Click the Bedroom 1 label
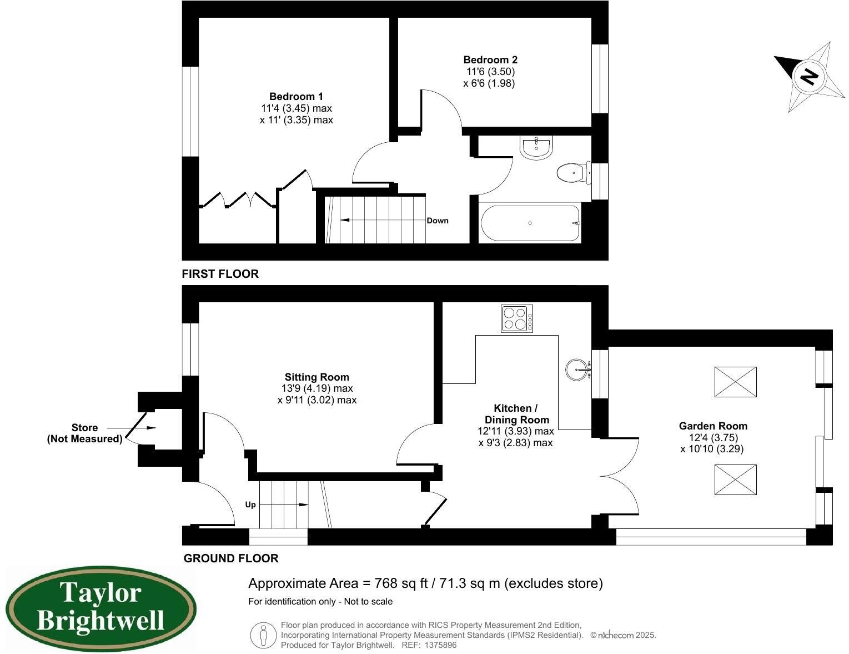point(296,97)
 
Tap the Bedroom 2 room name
point(490,60)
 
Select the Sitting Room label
point(317,377)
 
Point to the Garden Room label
point(713,426)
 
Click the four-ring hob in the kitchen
point(517,319)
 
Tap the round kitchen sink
point(578,370)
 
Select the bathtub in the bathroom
point(530,223)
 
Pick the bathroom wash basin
point(536,147)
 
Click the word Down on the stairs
point(438,221)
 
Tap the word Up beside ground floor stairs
point(250,505)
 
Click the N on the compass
point(810,76)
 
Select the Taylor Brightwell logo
point(101,608)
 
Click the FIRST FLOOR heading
point(220,274)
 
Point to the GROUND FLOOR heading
point(231,558)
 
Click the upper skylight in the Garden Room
point(735,382)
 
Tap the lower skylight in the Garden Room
point(735,480)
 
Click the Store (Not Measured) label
point(84,433)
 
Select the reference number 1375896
point(440,645)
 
